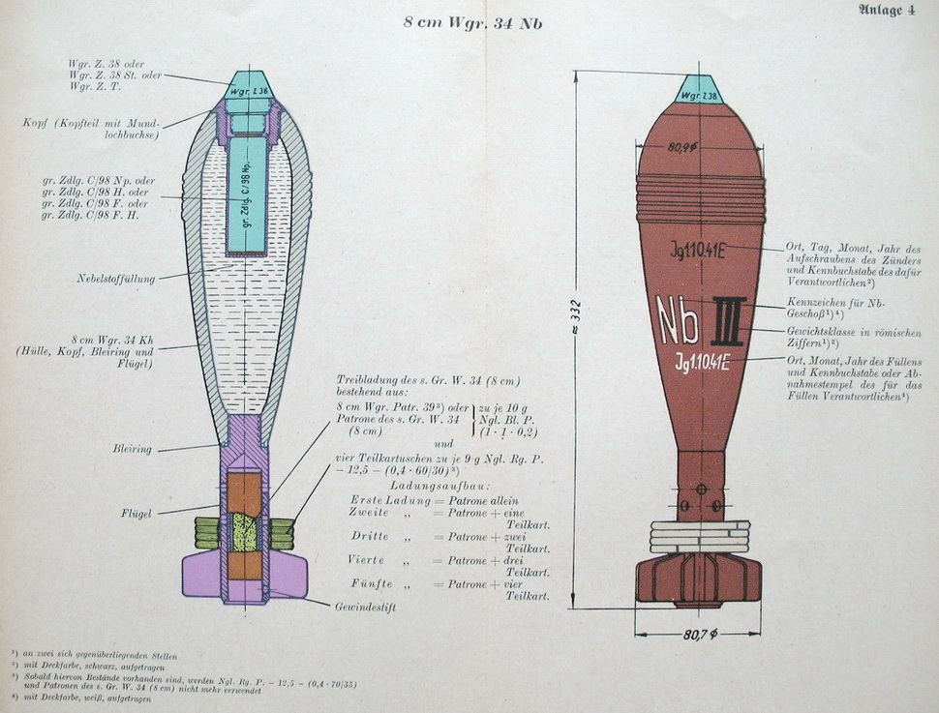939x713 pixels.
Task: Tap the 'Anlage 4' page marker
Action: (x=885, y=11)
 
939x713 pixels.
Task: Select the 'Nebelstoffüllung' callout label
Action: (x=116, y=279)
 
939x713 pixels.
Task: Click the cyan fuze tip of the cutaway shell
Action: (x=249, y=86)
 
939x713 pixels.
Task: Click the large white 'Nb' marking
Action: (x=678, y=319)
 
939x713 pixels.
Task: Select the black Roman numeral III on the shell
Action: (x=728, y=320)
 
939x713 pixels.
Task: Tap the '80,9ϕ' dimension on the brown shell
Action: (x=683, y=148)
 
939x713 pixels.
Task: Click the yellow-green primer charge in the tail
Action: (x=245, y=532)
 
